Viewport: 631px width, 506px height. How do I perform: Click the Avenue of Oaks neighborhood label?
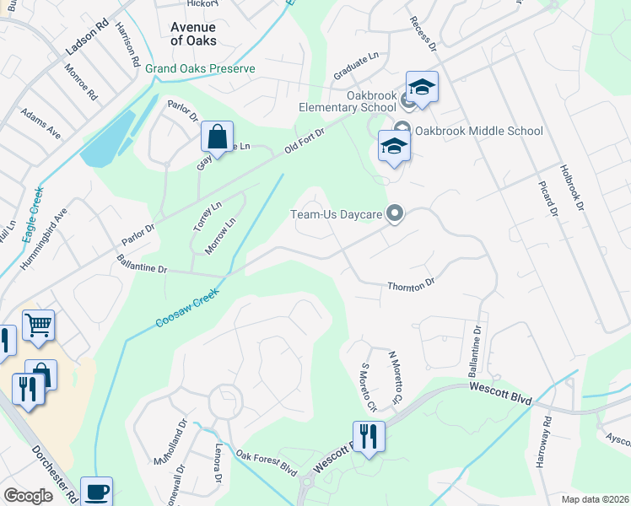(193, 34)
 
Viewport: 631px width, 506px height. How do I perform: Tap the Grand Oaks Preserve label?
(200, 68)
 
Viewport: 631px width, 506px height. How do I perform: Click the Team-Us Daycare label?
(337, 214)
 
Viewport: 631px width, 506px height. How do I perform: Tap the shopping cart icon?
(39, 325)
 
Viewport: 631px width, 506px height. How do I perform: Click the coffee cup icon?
(96, 492)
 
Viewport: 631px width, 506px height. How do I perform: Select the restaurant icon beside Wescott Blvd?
(369, 437)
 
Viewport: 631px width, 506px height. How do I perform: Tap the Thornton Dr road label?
(410, 285)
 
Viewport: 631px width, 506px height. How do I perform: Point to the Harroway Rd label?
(545, 442)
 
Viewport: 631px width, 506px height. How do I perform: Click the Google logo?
(28, 496)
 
